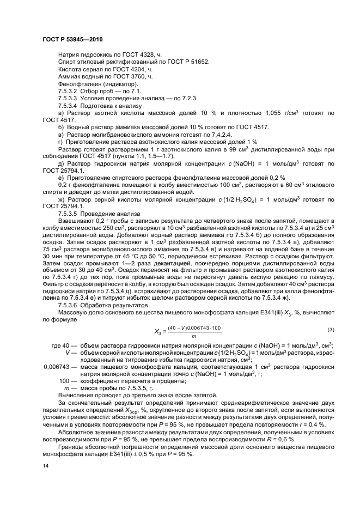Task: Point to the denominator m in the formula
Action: coord(193,336)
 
